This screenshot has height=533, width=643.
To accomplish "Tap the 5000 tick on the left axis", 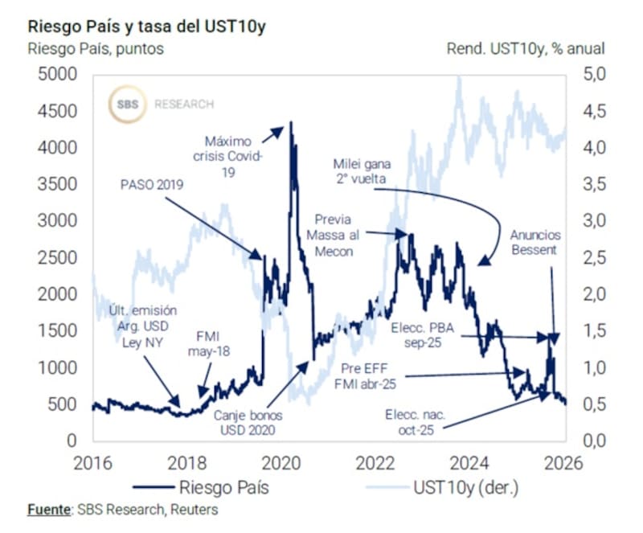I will coord(55,75).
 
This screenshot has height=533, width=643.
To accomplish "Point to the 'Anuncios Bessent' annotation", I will coord(535,243).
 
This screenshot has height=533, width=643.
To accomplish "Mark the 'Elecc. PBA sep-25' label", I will coord(424,336).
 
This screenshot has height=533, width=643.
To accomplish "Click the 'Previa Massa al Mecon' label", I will coord(335,234).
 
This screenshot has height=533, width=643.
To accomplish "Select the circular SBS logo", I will coord(127,104).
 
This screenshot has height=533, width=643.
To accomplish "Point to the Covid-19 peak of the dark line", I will coord(290,123).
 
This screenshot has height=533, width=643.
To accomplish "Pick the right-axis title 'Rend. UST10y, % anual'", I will coord(526,49).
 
